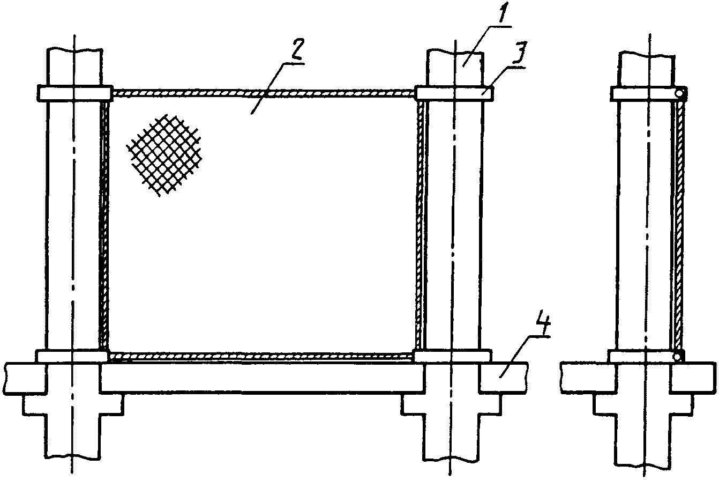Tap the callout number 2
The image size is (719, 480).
tap(297, 51)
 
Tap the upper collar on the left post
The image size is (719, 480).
tap(74, 93)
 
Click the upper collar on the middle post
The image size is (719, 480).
tap(454, 93)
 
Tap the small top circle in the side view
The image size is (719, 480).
tap(679, 93)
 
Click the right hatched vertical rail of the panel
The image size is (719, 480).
tap(420, 225)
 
